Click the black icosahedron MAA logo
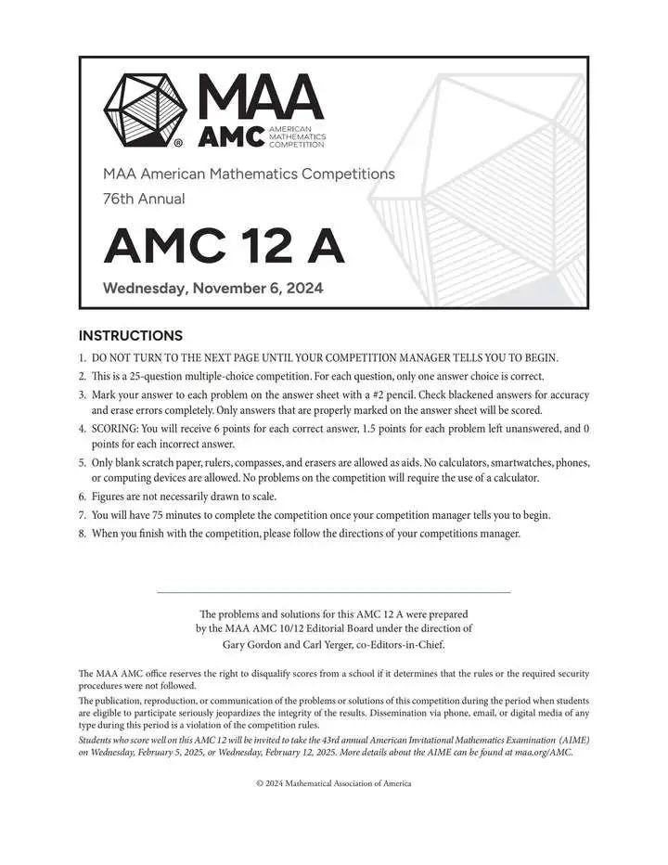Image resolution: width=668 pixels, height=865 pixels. pos(145,110)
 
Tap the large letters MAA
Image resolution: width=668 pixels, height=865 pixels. pos(261,97)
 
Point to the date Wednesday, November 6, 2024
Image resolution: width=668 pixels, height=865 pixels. pos(212,288)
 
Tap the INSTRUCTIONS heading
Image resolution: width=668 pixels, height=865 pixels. pos(131,336)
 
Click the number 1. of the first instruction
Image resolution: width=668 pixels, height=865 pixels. pos(83,358)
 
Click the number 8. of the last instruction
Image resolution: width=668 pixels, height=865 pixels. pos(83,534)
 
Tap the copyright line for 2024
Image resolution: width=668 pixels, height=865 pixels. pos(333,783)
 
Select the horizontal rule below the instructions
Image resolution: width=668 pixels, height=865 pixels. pos(333,592)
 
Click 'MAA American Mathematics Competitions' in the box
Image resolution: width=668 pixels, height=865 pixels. pos(249,174)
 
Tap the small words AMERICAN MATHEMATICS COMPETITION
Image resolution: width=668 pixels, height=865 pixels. pos(296,136)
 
